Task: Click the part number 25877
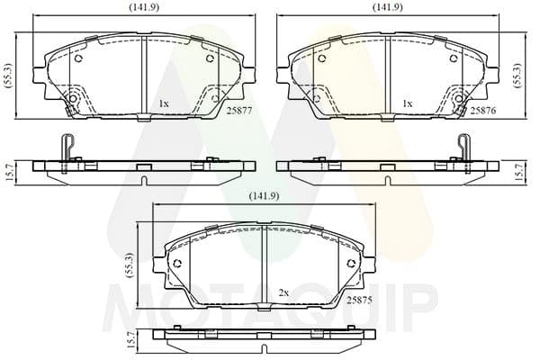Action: click(239, 110)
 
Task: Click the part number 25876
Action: click(483, 110)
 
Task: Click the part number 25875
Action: click(359, 300)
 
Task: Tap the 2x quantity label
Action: click(283, 293)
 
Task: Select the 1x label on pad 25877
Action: click(164, 103)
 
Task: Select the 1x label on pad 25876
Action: click(408, 103)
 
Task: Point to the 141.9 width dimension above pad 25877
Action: click(144, 7)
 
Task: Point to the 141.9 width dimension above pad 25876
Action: click(387, 7)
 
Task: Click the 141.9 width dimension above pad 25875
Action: click(264, 196)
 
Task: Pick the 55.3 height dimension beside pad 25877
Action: click(9, 76)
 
